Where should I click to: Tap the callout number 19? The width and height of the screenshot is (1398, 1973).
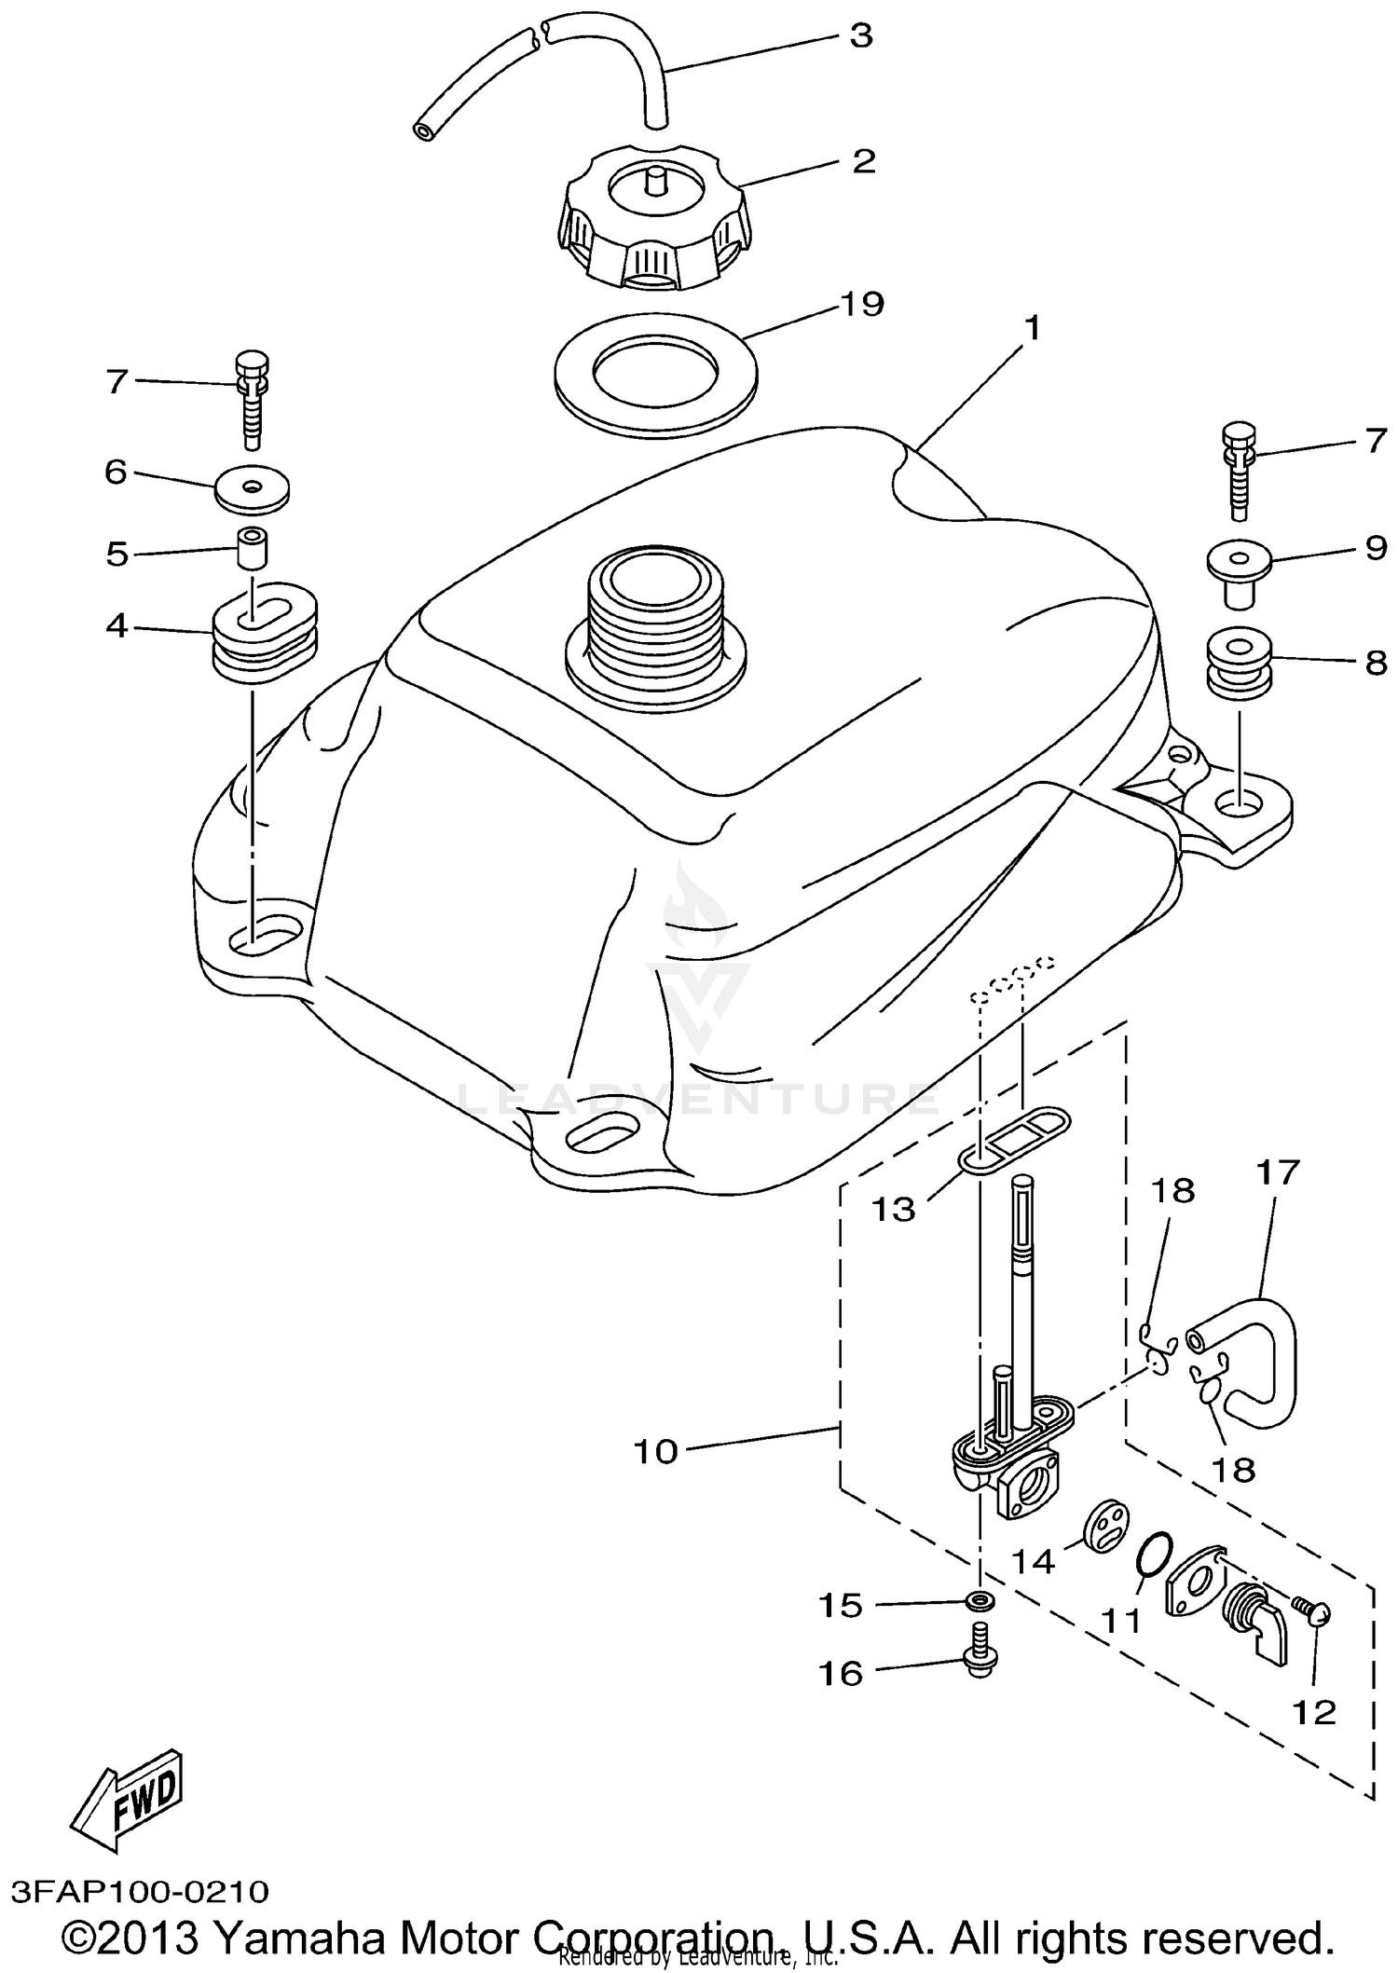pos(860,304)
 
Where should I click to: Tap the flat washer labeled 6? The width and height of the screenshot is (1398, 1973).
pos(252,488)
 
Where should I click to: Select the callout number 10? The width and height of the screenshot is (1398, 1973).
pos(656,1451)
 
